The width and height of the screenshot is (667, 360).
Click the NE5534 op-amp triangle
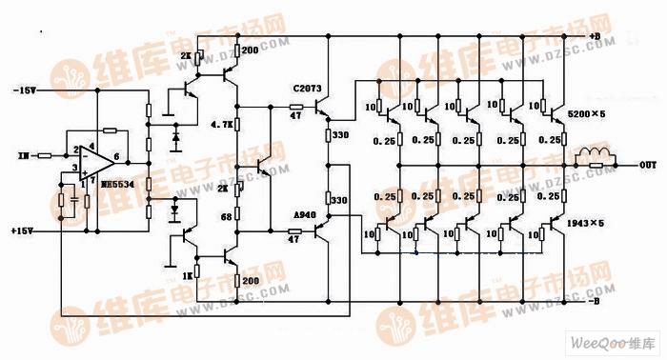[98, 156]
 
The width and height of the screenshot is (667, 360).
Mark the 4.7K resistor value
[222, 125]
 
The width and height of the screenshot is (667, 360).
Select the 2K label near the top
[185, 56]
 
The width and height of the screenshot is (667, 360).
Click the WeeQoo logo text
[610, 342]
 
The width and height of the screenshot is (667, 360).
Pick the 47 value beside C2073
[296, 114]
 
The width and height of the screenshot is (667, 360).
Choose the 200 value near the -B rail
[251, 281]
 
